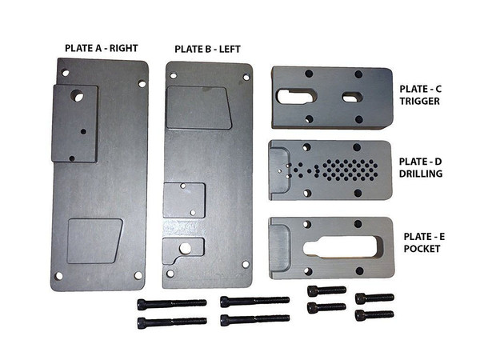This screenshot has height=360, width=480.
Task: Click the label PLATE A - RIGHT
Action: [x=102, y=48]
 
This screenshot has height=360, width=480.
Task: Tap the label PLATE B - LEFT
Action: [x=207, y=50]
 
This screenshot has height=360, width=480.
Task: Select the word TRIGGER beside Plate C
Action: [x=419, y=101]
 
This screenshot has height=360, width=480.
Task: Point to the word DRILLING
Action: [x=421, y=174]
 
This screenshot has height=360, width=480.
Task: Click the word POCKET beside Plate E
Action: [x=422, y=249]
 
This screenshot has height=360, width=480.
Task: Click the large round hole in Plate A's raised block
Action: [x=77, y=96]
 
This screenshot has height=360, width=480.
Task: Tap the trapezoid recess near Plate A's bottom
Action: [x=94, y=241]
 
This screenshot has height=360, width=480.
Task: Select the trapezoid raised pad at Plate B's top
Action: [x=198, y=107]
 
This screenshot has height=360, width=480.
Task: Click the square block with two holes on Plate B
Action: [x=184, y=200]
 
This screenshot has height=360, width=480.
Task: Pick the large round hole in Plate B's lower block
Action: [x=186, y=248]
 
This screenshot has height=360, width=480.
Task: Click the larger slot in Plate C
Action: [x=296, y=96]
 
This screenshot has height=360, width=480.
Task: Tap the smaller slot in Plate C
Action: [x=352, y=98]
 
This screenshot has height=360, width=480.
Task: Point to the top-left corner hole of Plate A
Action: [x=66, y=73]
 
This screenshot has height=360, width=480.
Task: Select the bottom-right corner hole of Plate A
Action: [x=138, y=275]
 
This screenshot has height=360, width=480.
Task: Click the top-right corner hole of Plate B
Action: [x=246, y=77]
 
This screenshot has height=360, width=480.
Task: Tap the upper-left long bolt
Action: [x=172, y=303]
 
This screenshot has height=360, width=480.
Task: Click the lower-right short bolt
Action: [x=374, y=314]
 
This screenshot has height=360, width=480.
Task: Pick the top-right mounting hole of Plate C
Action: [x=358, y=74]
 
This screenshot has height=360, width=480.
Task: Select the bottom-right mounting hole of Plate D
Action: [x=358, y=193]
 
